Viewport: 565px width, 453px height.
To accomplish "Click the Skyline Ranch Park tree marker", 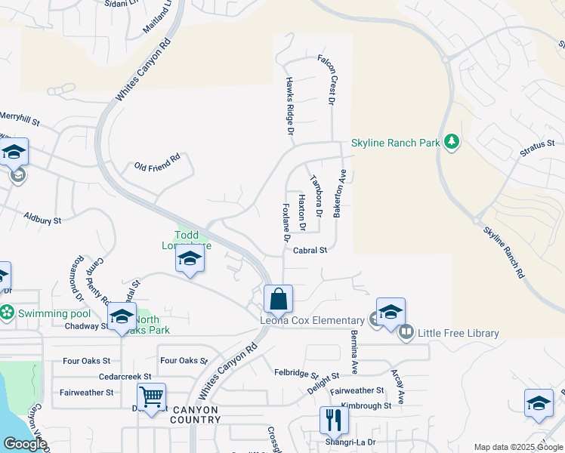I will [x=452, y=142].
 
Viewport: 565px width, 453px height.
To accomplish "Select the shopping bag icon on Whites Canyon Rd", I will [x=279, y=299].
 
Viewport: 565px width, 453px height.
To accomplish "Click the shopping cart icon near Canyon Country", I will [x=152, y=396].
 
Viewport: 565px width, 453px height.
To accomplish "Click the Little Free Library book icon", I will [x=406, y=331].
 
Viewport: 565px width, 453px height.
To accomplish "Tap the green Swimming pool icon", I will [x=8, y=311].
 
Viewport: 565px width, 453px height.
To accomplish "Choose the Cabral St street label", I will [x=310, y=250].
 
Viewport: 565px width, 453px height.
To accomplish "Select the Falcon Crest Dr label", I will [x=331, y=79].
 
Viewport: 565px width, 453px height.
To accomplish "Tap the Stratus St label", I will [x=537, y=143].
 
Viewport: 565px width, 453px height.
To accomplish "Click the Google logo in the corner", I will [x=25, y=444].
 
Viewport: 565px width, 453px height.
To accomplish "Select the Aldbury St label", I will [x=42, y=218].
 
